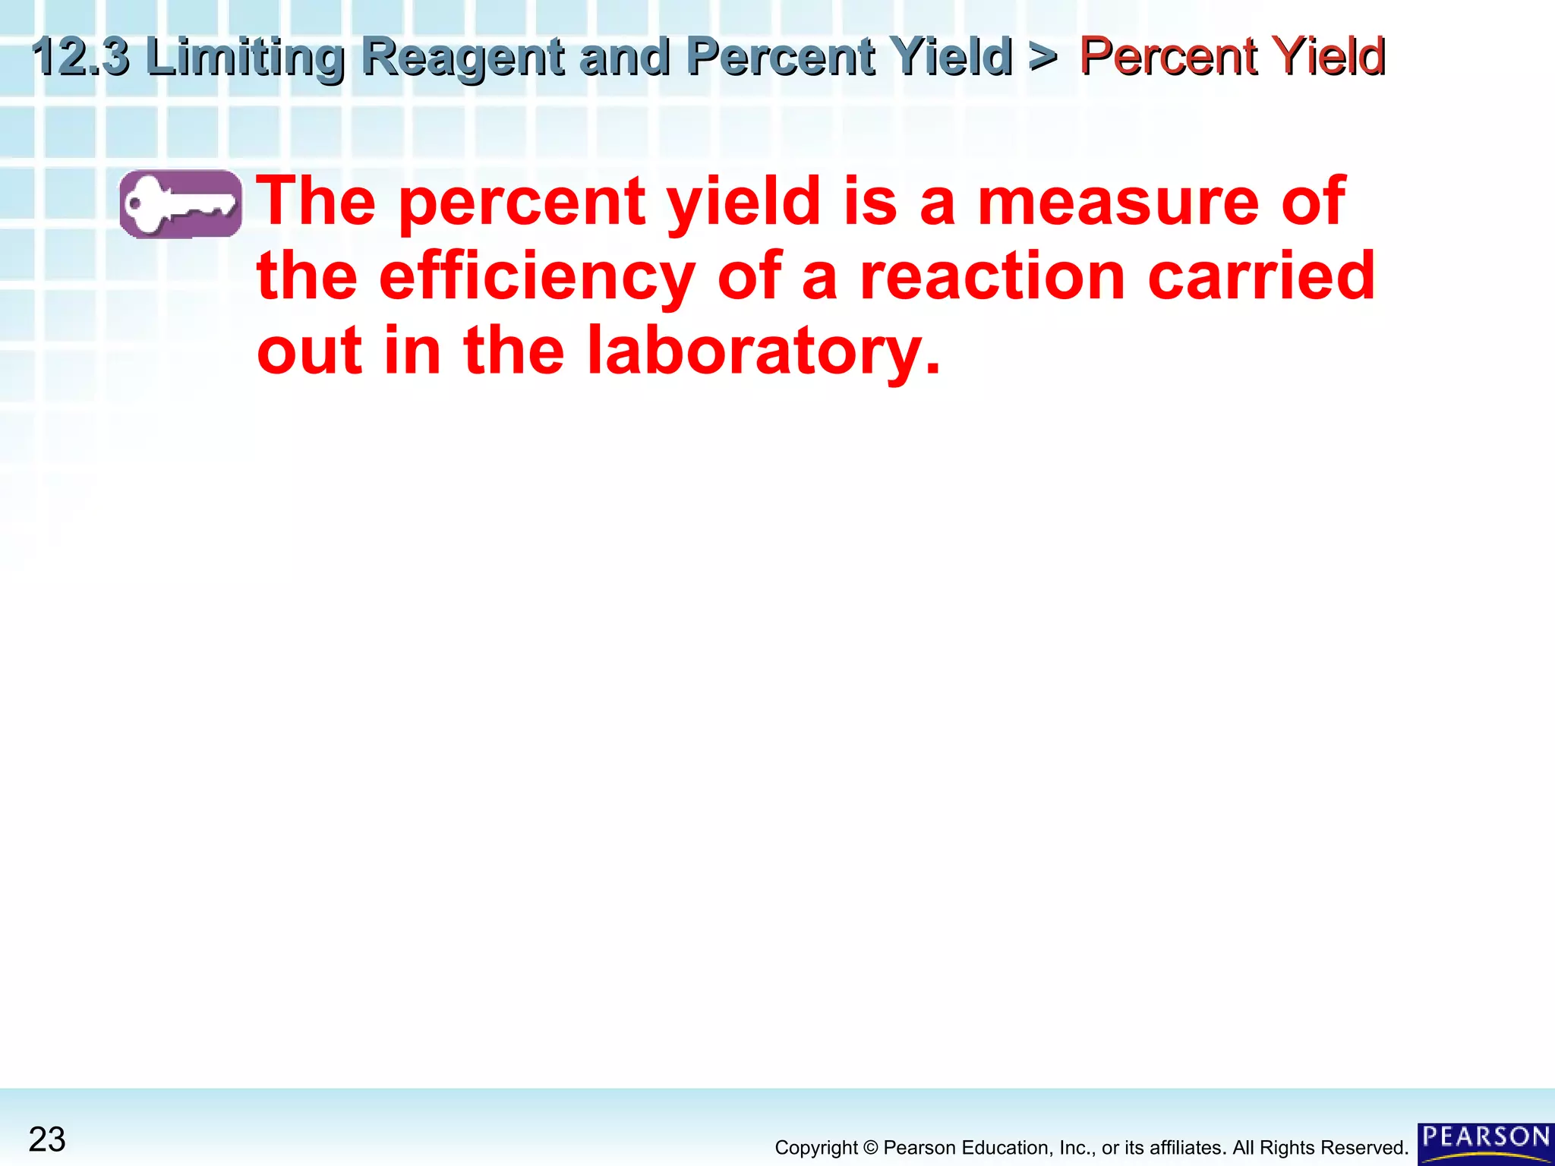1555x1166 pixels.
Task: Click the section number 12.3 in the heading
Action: (80, 56)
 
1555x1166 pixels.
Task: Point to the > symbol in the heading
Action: (1043, 56)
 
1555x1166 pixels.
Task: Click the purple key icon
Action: (181, 203)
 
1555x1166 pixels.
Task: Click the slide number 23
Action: (47, 1139)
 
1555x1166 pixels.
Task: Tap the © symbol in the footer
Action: (870, 1148)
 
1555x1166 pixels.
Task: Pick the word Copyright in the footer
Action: (816, 1148)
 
